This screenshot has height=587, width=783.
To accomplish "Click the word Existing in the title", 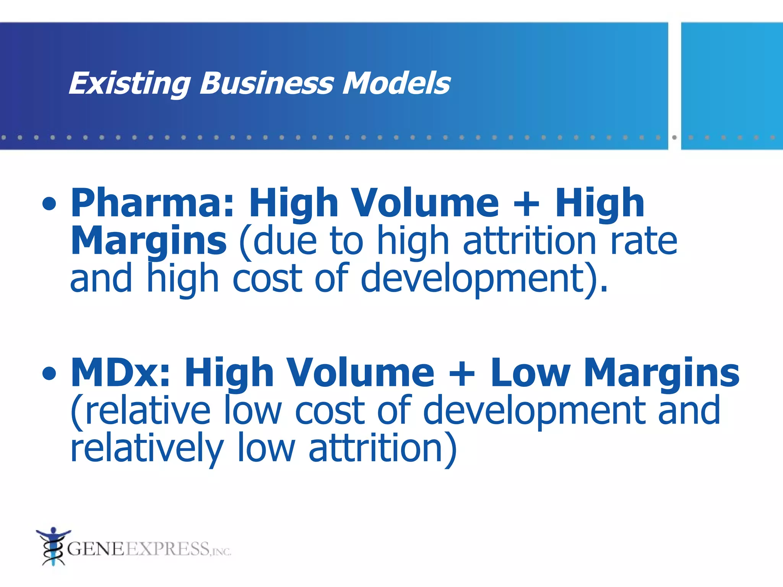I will (129, 84).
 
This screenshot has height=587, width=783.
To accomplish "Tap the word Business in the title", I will (266, 83).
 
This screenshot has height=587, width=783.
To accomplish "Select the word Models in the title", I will (396, 83).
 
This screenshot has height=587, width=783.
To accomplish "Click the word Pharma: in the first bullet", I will (152, 204).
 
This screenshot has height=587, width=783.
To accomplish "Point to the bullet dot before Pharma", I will (49, 204).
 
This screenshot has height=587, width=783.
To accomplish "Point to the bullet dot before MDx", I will (49, 373).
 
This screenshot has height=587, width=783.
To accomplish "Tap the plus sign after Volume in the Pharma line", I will (526, 204).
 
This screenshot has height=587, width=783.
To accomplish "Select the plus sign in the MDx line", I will (462, 373).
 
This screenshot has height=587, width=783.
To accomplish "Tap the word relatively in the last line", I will (147, 448).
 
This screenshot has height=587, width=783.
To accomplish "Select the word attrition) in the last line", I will (382, 448).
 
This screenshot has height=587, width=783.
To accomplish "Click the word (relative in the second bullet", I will (140, 410).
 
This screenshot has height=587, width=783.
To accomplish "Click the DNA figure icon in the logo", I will (52, 546).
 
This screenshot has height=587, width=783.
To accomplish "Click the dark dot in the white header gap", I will (674, 137).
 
